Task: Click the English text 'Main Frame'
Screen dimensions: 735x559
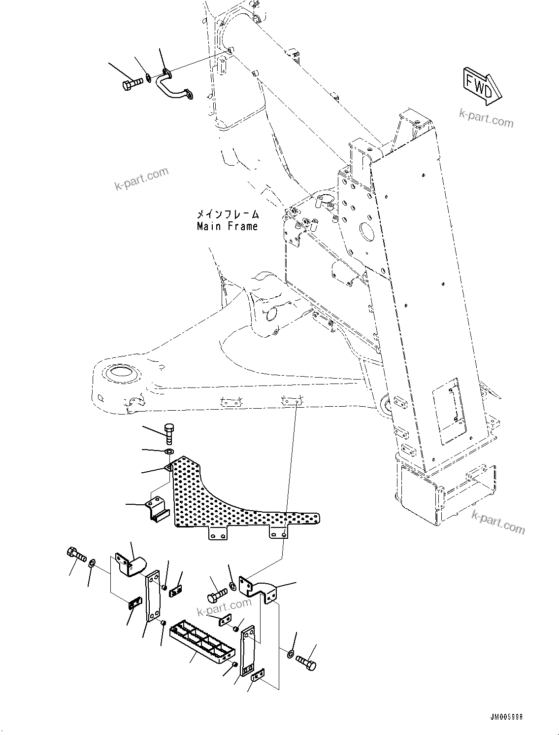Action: tap(227, 227)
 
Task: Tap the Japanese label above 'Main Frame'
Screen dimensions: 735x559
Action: tap(228, 214)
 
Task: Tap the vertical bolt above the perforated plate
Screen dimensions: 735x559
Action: tap(169, 433)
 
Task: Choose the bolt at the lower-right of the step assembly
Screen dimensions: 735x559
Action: tap(307, 662)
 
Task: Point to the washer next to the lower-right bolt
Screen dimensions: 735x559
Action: tap(290, 654)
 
